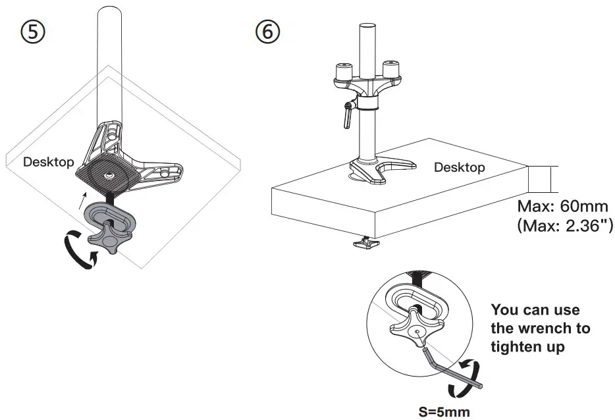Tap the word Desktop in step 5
coord(48,162)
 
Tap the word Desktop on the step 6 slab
coord(459,167)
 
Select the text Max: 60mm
coord(562,206)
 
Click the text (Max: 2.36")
coord(566,227)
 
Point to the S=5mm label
coord(444,412)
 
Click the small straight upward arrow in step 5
coord(82,194)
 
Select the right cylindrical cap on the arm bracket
coord(391,68)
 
